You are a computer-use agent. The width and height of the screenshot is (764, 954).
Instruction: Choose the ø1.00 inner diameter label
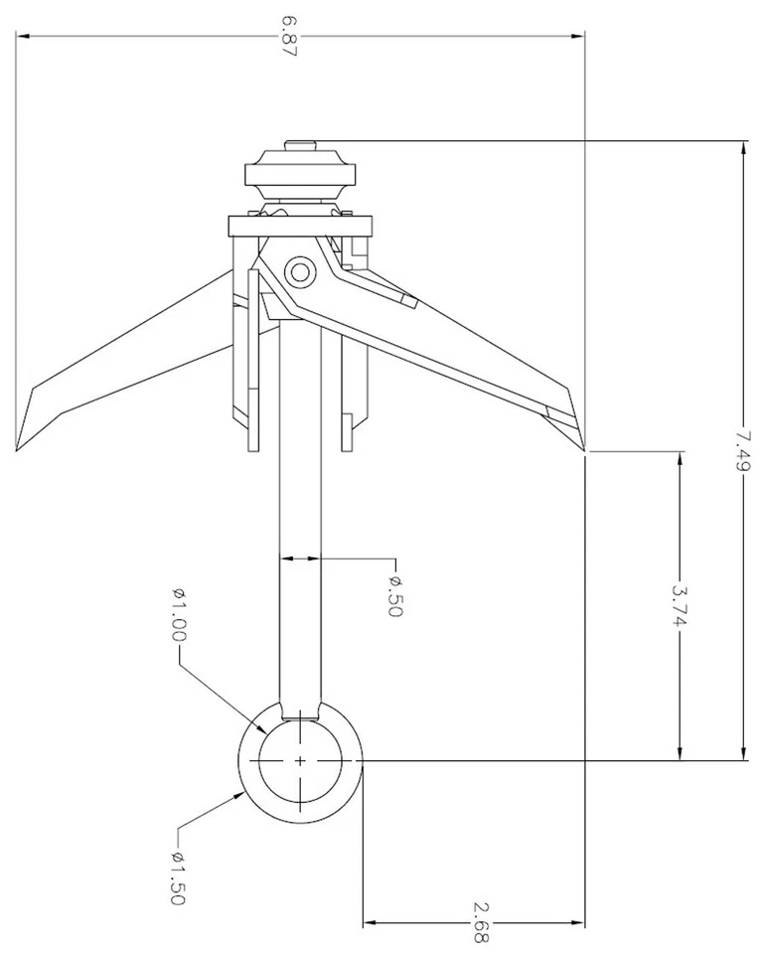[x=180, y=615]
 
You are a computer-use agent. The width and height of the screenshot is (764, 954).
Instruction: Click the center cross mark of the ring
[x=299, y=760]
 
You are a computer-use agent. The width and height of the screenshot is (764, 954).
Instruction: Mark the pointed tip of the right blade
[x=583, y=450]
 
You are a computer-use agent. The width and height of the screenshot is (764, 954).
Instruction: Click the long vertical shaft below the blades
[x=299, y=517]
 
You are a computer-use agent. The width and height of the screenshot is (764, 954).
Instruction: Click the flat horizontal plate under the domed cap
[x=299, y=226]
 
